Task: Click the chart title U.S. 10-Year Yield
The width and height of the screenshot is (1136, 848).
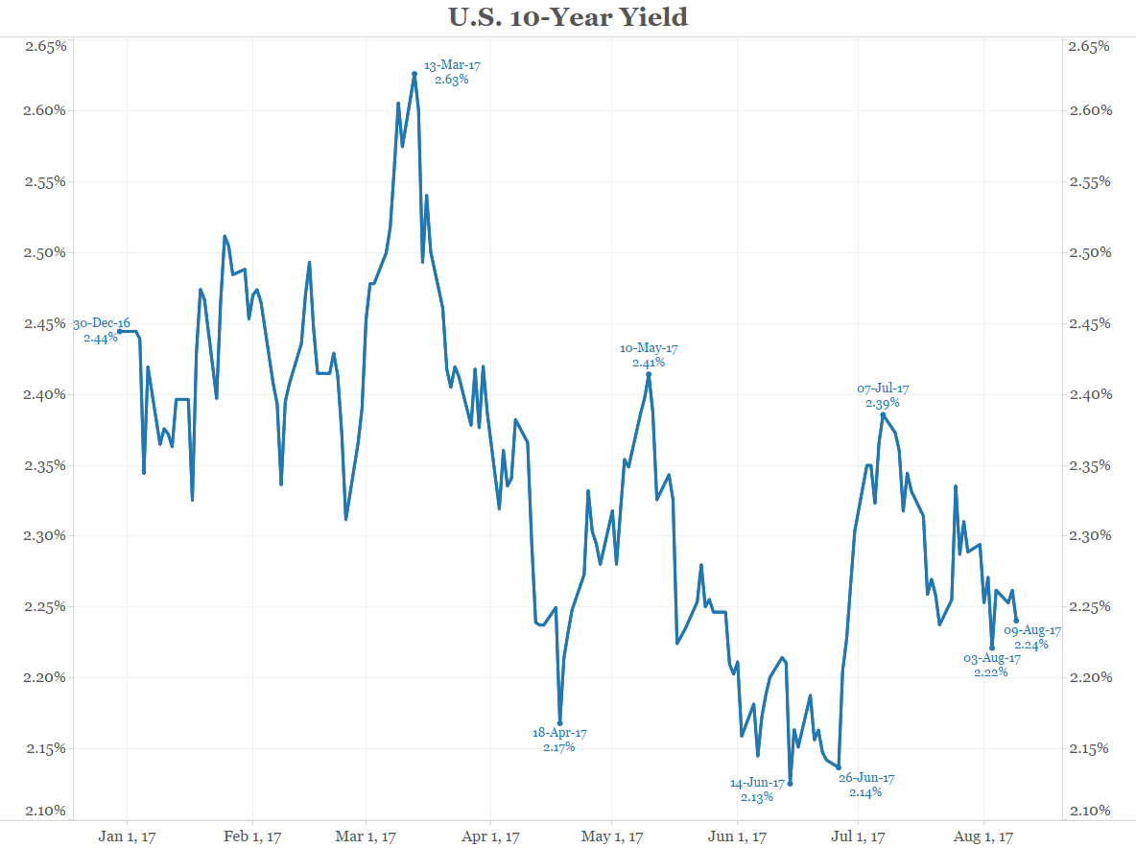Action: [x=568, y=17]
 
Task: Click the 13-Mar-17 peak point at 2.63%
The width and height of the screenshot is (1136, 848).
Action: [x=414, y=73]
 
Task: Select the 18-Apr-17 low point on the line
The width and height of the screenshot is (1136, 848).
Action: [x=559, y=723]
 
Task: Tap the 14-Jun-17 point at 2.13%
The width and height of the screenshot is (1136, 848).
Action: [x=790, y=783]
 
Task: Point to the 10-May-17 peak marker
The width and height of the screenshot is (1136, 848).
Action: [x=649, y=374]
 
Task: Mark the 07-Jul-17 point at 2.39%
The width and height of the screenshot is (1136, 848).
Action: [x=883, y=414]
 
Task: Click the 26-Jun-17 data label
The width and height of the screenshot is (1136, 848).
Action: [x=865, y=785]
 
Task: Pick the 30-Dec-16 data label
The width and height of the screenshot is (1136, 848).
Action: [x=101, y=330]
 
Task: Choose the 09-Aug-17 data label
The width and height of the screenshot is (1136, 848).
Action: [x=1031, y=637]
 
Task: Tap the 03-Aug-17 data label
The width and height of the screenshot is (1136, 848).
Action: [x=991, y=665]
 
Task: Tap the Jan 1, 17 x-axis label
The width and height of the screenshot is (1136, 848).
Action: [x=128, y=836]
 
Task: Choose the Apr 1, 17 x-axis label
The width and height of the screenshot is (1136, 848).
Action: [x=490, y=836]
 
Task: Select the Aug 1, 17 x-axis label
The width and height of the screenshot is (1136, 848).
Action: [x=984, y=836]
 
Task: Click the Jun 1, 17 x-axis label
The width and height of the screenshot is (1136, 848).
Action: [x=737, y=836]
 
